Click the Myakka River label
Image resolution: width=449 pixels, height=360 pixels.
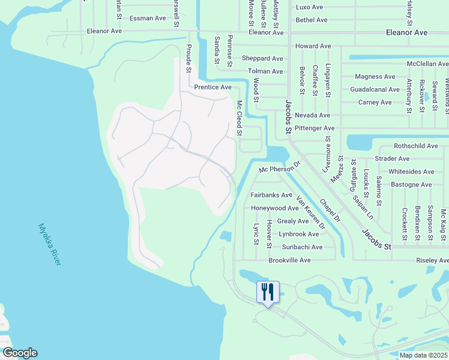point(50,245)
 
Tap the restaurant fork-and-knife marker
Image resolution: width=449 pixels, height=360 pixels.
point(267,292)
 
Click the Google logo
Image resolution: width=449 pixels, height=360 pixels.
point(19,353)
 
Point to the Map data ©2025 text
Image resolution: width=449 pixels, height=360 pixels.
point(424,355)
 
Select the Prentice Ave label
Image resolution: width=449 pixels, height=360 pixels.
point(212,88)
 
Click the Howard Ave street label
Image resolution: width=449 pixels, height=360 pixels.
point(313,46)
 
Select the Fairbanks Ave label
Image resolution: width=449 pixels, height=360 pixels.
point(271,195)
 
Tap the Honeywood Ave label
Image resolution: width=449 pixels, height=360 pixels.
point(274,208)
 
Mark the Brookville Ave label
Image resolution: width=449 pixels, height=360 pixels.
point(289,260)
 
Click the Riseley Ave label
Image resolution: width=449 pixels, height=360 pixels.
point(432,260)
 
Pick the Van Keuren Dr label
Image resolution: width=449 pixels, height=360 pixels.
point(310,214)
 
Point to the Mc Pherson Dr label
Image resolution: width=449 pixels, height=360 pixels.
point(279,168)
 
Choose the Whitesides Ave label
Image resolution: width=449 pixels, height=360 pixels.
point(411,172)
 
